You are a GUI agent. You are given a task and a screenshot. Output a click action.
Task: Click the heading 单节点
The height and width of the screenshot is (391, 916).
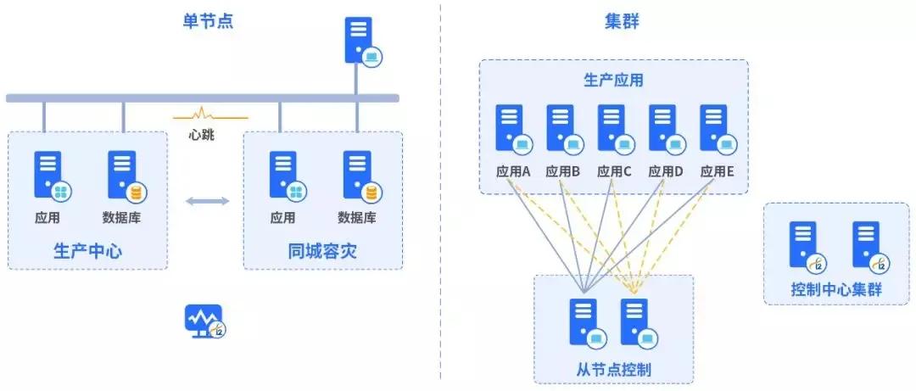point(207,21)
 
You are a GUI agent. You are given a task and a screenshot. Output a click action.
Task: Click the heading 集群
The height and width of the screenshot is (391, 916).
point(621,21)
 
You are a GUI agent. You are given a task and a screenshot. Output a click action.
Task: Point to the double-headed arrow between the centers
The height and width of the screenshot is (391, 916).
point(207,201)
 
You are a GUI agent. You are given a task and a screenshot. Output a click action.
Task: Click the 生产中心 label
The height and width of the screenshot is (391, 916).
point(87,251)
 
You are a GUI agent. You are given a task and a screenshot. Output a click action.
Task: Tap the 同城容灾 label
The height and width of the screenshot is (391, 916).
point(322,251)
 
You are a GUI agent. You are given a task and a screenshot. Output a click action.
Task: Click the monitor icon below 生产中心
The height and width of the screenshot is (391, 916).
point(204,321)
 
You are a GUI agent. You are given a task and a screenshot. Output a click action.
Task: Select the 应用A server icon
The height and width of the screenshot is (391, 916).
point(511,129)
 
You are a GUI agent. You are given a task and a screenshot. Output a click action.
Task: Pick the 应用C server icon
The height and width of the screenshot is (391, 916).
point(613,129)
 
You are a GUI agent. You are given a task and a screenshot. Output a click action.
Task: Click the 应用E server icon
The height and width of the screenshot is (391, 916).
point(715,129)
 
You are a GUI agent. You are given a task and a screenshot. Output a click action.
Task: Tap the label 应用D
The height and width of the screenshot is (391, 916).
point(666,170)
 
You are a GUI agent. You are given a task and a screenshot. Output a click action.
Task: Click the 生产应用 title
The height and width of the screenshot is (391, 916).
point(613,81)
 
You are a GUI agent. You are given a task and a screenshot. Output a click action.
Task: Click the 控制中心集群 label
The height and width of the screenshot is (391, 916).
point(836,288)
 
